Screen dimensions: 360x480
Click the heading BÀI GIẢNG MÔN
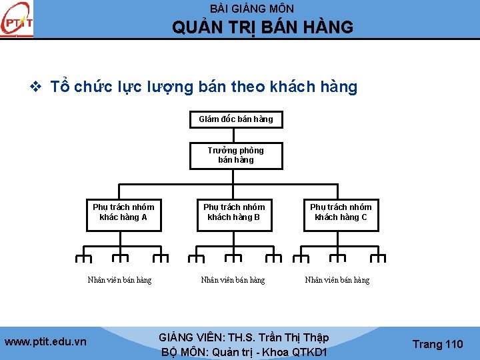(251, 9)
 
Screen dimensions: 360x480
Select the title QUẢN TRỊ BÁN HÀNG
(263, 27)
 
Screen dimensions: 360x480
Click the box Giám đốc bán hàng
(236, 119)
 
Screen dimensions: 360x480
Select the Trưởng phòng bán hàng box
(236, 155)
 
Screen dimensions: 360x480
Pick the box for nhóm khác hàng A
(123, 213)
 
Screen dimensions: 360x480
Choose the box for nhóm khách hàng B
(234, 213)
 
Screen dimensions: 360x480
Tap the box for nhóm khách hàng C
(341, 213)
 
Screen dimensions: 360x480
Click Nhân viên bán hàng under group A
(120, 280)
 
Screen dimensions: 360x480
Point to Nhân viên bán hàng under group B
(233, 280)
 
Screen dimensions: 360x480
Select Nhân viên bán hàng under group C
(337, 280)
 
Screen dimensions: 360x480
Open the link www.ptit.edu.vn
(45, 342)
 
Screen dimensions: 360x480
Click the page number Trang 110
(437, 344)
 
